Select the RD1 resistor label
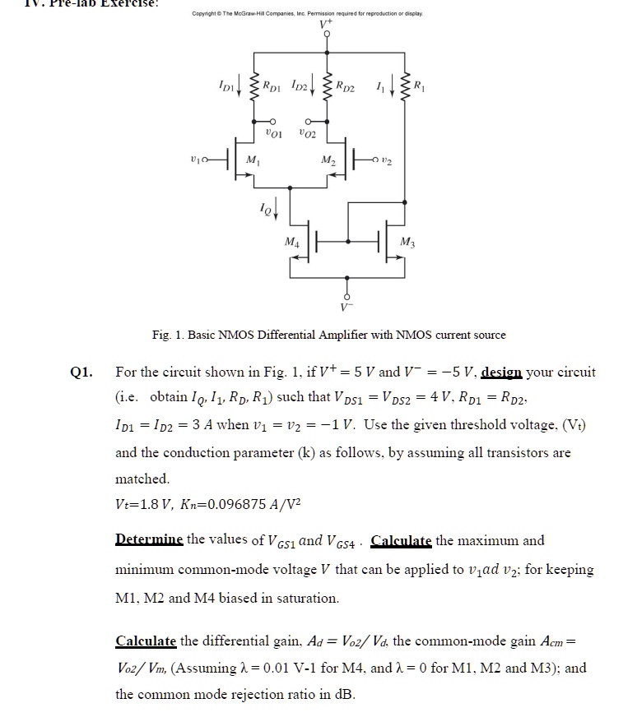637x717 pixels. click(273, 84)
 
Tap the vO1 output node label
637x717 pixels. click(275, 132)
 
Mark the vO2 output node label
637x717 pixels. click(308, 132)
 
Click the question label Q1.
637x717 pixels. click(80, 372)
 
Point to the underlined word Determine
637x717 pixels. click(150, 540)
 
